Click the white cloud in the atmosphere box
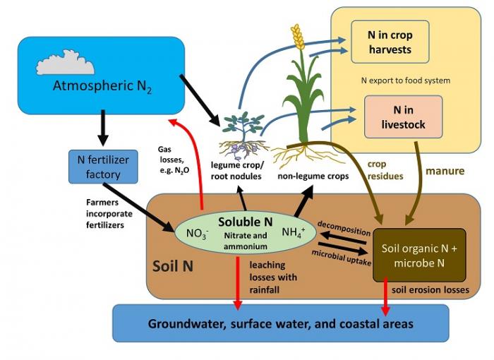[65, 64]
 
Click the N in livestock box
[403, 116]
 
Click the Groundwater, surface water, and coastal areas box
[280, 323]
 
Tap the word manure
[444, 171]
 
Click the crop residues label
[385, 170]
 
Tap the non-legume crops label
[313, 176]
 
